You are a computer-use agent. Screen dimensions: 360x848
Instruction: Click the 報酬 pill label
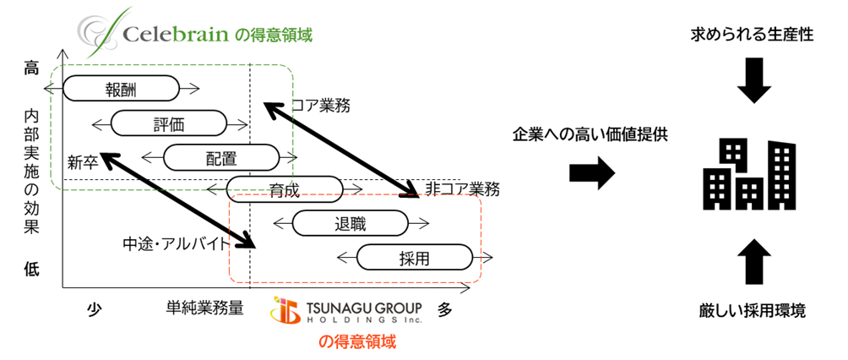(121, 89)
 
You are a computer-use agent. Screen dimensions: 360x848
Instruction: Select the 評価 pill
(169, 123)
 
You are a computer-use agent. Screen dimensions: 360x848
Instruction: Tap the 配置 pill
(220, 158)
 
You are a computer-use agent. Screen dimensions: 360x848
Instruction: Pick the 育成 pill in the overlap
(284, 189)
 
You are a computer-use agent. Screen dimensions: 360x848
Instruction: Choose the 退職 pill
(350, 223)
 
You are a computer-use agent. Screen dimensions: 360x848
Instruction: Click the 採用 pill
(414, 258)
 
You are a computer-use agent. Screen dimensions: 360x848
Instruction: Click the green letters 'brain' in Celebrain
(195, 35)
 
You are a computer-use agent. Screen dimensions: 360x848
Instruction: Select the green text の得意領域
(274, 36)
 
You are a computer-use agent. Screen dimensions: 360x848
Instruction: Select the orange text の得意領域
(356, 342)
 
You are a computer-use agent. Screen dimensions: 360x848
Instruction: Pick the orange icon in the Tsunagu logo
(285, 310)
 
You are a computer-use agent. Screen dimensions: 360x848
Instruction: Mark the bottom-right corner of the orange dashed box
(481, 281)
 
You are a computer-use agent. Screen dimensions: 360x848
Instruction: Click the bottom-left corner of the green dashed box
(52, 188)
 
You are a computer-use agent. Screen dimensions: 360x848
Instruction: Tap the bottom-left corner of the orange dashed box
(230, 281)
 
